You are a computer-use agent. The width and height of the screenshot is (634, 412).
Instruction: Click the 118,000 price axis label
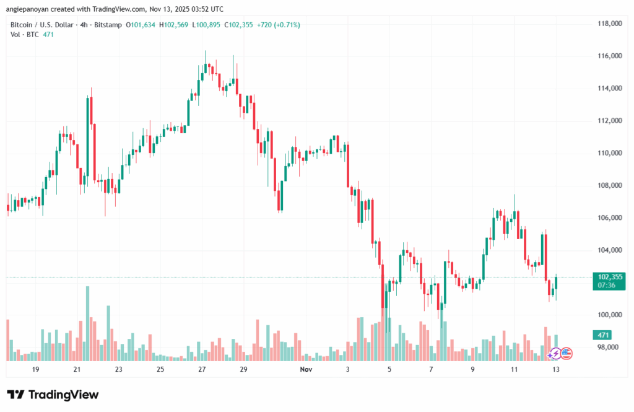609,24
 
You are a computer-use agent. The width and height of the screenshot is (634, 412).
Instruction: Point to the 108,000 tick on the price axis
609,185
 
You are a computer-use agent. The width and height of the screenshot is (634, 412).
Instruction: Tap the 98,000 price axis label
609,347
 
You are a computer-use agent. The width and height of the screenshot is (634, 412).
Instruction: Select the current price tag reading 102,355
608,277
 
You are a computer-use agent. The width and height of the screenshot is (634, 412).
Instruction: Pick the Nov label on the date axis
305,369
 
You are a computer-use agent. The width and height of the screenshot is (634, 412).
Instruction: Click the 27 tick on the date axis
202,369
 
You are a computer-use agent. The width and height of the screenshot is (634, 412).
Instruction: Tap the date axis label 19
36,369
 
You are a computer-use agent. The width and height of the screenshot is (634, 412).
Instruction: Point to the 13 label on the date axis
556,369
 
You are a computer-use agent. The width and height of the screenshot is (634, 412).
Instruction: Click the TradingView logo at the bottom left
53,395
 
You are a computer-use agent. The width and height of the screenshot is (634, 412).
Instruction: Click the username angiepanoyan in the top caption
32,9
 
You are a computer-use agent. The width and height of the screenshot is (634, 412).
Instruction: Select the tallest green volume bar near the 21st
87,322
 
